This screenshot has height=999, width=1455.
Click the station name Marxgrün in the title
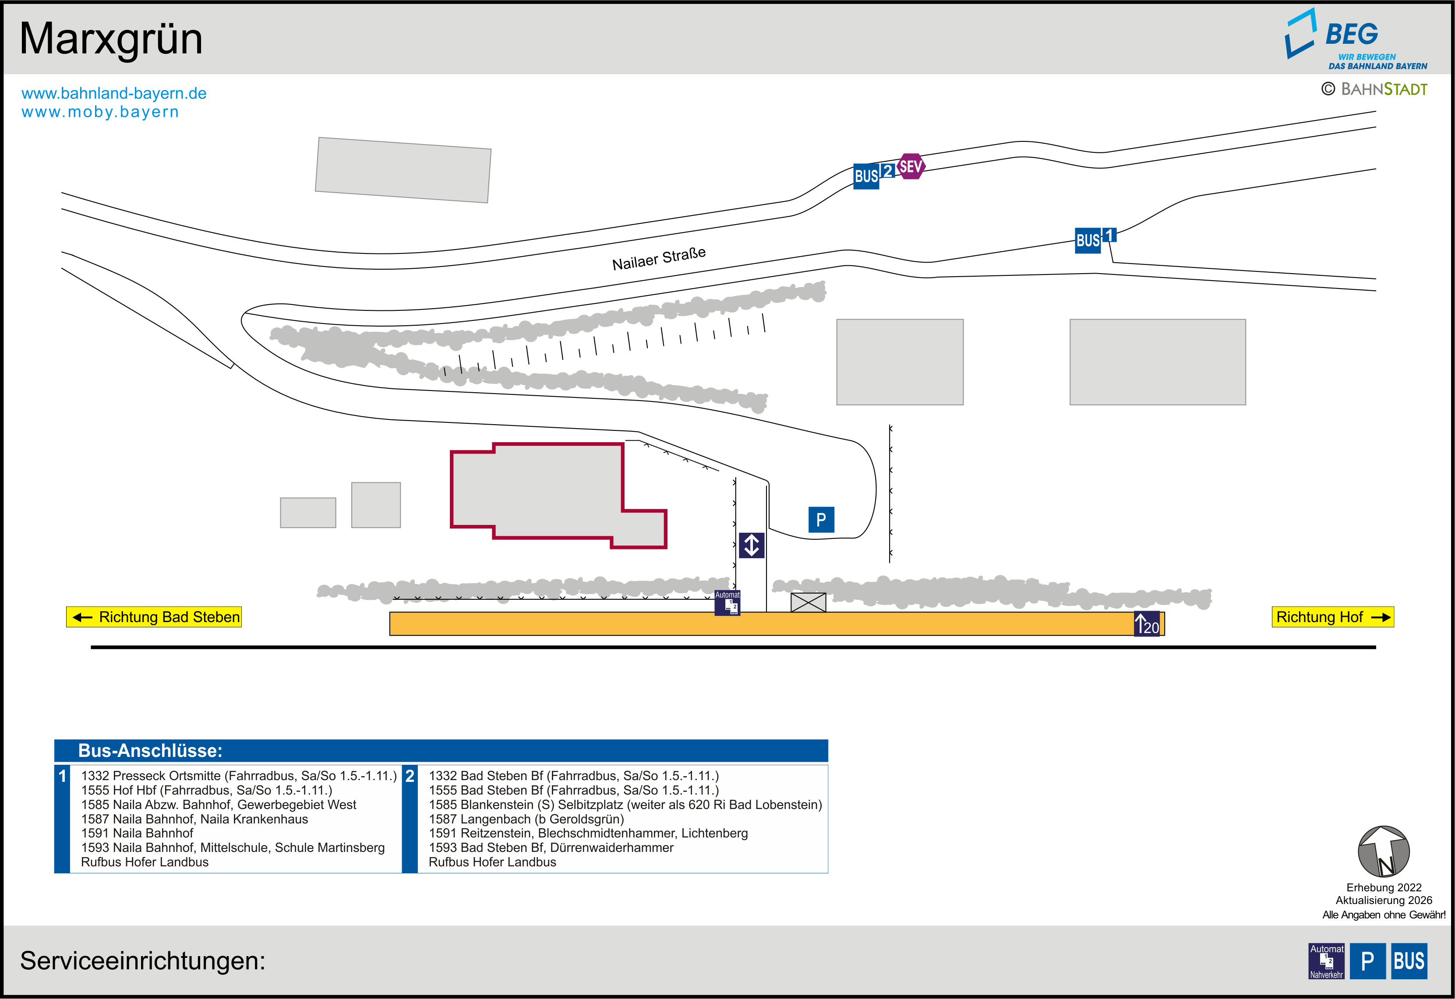pos(111,39)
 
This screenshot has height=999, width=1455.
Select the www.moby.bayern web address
pos(100,112)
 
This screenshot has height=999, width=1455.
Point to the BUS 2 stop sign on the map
pos(873,175)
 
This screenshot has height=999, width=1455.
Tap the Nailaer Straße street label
pos(659,258)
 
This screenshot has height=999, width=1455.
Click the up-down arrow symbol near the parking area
pos(751,545)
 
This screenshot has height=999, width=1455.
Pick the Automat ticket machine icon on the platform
pos(727,603)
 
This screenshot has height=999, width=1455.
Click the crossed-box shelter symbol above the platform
pos(808,602)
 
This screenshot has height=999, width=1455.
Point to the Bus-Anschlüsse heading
pos(150,750)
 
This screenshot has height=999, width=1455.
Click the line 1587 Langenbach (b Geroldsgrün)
pos(526,819)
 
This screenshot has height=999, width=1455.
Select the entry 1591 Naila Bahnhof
pos(137,833)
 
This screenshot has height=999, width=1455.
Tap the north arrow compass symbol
pos(1383,851)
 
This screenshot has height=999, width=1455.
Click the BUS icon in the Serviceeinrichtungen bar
pos(1409,961)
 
